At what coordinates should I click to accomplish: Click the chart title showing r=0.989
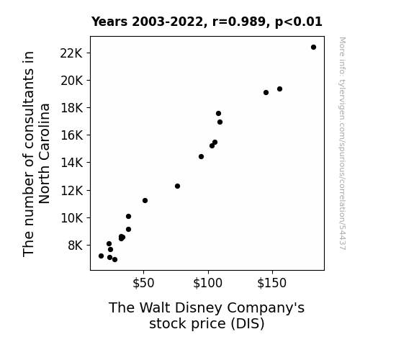[207, 22]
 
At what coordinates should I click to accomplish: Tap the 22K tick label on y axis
[71, 53]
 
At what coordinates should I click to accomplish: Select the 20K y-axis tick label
[71, 81]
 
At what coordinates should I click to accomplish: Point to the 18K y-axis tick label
[71, 108]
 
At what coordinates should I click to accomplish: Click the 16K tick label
[71, 135]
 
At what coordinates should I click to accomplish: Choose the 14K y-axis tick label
[71, 163]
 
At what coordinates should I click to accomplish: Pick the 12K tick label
[71, 190]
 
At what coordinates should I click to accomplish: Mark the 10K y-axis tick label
[71, 218]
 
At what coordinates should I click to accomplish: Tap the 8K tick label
[76, 246]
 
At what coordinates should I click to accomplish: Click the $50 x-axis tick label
[143, 283]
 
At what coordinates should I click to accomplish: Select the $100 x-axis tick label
[208, 283]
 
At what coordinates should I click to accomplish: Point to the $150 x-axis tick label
[272, 283]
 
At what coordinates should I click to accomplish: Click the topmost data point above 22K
[313, 48]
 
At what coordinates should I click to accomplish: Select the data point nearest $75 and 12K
[177, 186]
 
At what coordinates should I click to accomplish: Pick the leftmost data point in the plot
[101, 256]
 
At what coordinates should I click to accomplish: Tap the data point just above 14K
[201, 157]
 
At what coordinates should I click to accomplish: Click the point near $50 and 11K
[145, 200]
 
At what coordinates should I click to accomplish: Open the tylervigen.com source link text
[343, 143]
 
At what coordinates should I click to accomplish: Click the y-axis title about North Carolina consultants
[36, 153]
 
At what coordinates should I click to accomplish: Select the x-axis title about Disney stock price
[207, 315]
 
